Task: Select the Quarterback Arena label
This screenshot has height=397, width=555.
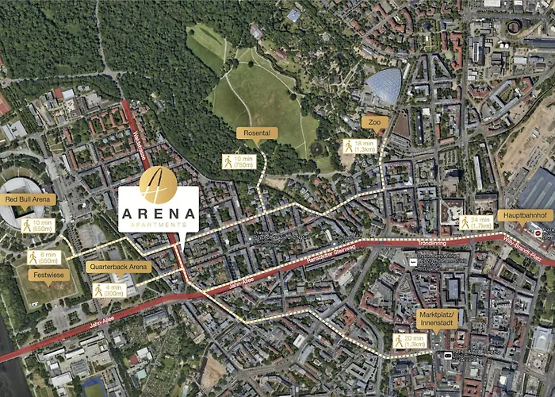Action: pyautogui.click(x=119, y=267)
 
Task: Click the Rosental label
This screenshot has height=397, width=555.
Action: pyautogui.click(x=257, y=133)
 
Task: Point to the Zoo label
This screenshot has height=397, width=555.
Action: pyautogui.click(x=374, y=121)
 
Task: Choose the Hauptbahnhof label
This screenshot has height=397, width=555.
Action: pyautogui.click(x=526, y=215)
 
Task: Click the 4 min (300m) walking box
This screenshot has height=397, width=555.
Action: pyautogui.click(x=108, y=291)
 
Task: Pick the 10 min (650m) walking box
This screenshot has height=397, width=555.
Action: pyautogui.click(x=37, y=225)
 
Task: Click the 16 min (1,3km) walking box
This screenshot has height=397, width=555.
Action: pyautogui.click(x=359, y=146)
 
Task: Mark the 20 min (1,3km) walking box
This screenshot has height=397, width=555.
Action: pyautogui.click(x=410, y=341)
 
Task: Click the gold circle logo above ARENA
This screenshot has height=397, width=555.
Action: pyautogui.click(x=158, y=184)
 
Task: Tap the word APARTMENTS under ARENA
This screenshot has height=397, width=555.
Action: pyautogui.click(x=158, y=225)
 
